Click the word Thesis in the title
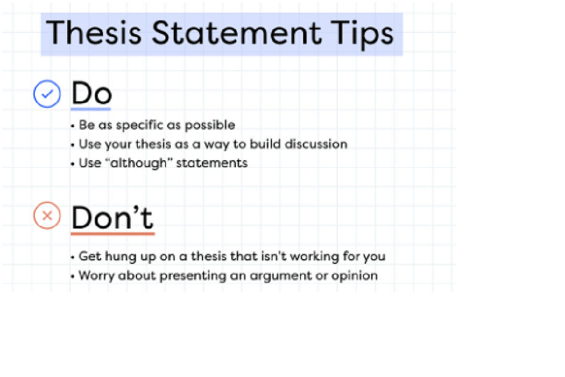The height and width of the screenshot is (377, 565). pyautogui.click(x=95, y=32)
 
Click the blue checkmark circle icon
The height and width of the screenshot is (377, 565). pyautogui.click(x=47, y=94)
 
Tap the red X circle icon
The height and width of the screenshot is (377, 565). pyautogui.click(x=47, y=216)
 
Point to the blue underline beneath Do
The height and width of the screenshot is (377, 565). pyautogui.click(x=91, y=109)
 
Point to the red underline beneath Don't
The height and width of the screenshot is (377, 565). pyautogui.click(x=112, y=233)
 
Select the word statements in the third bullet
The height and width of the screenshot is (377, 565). pyautogui.click(x=212, y=163)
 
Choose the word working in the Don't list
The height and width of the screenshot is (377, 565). pyautogui.click(x=318, y=257)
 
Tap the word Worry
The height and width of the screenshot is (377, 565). pyautogui.click(x=96, y=276)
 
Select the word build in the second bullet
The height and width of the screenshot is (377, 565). pyautogui.click(x=263, y=144)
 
